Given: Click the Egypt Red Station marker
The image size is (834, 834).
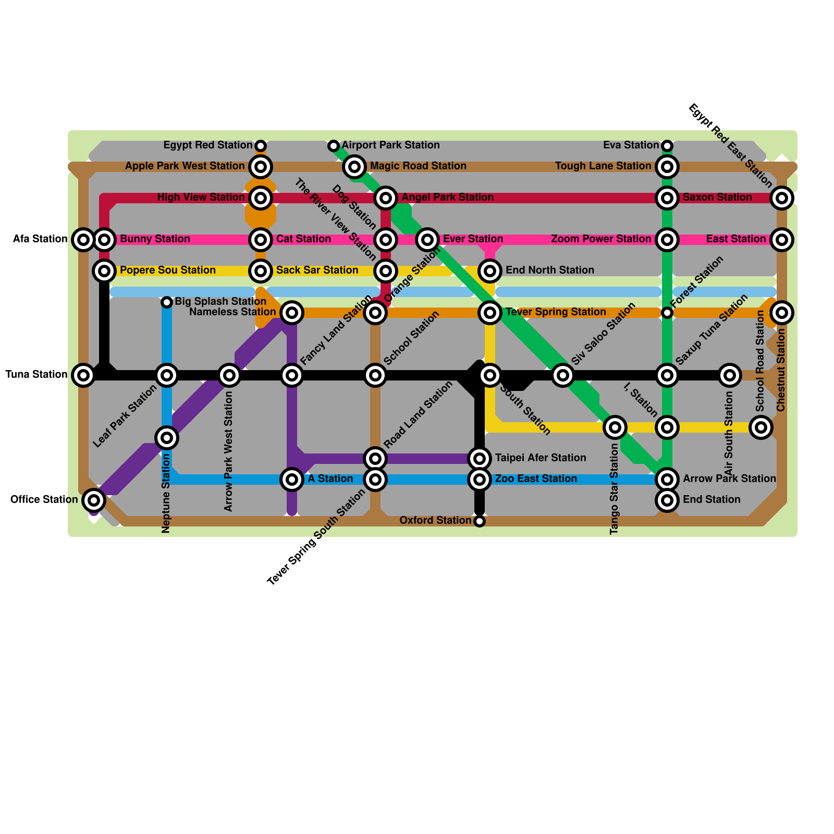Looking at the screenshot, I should tap(261, 145).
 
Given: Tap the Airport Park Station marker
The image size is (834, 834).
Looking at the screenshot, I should tap(334, 145).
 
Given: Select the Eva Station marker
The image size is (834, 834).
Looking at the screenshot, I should tap(667, 145).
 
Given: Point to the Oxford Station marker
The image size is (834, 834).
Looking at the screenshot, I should tap(480, 521).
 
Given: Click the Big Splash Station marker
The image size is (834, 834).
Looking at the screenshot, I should tap(167, 302).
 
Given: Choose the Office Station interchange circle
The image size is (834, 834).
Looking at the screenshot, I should tap(94, 500).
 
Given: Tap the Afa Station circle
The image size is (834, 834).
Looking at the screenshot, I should tap(83, 239).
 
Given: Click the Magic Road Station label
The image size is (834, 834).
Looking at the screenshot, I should tap(418, 166).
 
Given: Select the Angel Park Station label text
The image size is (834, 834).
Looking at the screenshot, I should tap(447, 198).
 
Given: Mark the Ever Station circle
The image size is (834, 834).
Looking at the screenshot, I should tap(427, 239).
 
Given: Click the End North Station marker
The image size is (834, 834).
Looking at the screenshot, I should tap(490, 271).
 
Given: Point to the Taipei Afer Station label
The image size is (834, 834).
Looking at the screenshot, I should tap(541, 458).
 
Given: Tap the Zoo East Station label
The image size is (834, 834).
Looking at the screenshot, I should tap(536, 479).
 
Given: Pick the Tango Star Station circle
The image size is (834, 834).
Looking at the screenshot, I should tap(615, 427).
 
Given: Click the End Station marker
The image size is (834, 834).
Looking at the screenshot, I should tap(667, 500).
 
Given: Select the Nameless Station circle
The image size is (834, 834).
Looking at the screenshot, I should tap(292, 312).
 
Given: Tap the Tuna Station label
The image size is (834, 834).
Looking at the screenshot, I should tap(36, 375).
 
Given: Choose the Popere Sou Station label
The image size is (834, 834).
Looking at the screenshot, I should tap(168, 271).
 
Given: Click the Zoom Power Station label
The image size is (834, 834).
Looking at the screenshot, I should tap(601, 239).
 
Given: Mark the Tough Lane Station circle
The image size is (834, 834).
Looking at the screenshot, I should tap(667, 166).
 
